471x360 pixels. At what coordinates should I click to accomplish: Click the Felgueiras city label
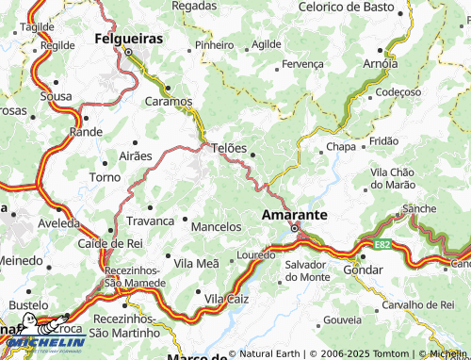coord(129,40)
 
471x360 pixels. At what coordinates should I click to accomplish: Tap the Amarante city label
coord(294,214)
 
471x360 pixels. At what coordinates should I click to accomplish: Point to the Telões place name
coord(229,149)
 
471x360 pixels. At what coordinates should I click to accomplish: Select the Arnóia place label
coord(380,64)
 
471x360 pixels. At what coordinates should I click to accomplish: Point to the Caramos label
coord(169,101)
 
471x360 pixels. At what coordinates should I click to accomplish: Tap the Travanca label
coord(150,221)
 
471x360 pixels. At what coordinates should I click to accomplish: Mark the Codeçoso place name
coord(398,92)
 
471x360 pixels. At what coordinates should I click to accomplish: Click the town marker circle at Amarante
coord(294,229)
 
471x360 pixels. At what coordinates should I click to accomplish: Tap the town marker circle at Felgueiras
coord(129,53)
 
